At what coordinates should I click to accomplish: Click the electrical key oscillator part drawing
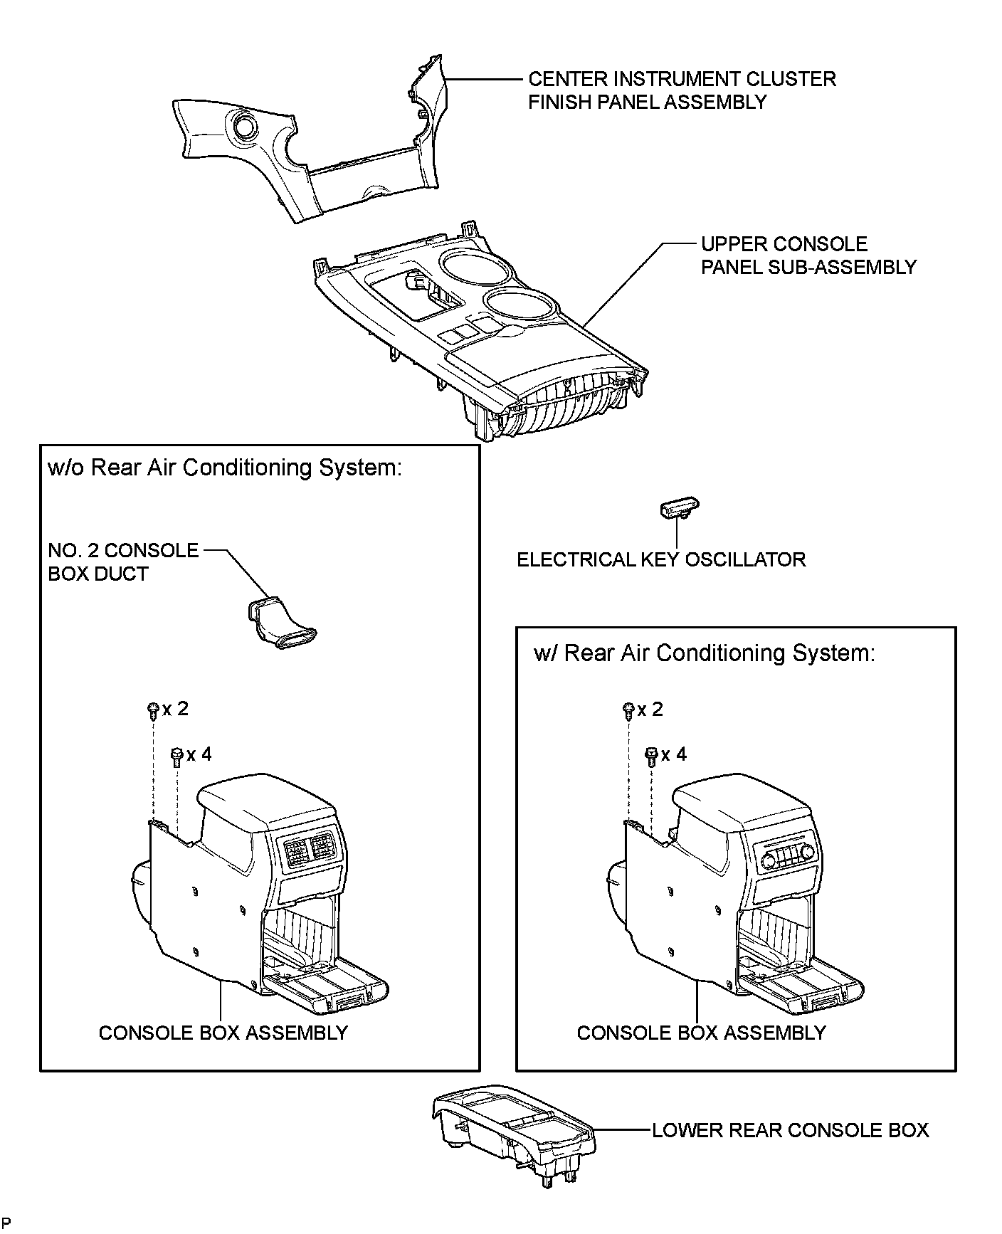[680, 509]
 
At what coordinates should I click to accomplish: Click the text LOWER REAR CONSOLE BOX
[790, 1130]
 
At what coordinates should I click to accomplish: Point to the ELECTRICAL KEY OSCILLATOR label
[661, 559]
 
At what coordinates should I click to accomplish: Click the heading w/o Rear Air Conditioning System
[225, 468]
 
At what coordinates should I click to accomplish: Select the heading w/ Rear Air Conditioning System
[704, 653]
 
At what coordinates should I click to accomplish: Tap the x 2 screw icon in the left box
[152, 710]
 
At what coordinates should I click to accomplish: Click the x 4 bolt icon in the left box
[176, 755]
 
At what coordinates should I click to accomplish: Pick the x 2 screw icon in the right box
[628, 710]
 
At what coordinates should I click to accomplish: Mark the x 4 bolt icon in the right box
[651, 755]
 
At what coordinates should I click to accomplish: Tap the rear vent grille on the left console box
[307, 850]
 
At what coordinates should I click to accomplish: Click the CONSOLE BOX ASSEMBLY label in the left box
[223, 1033]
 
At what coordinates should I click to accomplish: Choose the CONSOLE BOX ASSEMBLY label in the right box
[701, 1033]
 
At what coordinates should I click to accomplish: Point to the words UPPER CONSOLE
[784, 244]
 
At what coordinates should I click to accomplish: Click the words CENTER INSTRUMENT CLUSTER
[681, 79]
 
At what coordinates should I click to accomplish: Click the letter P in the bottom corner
[6, 1222]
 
